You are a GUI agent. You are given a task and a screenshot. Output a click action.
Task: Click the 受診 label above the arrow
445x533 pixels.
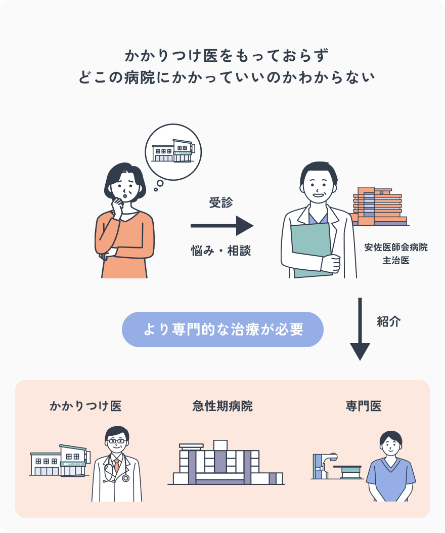[x=221, y=203]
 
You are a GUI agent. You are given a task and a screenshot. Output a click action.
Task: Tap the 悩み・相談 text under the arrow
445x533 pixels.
[x=221, y=250]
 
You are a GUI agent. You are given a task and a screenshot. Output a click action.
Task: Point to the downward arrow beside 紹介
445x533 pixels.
[x=360, y=329]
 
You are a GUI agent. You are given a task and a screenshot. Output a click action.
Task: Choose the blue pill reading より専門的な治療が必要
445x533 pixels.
[x=223, y=330]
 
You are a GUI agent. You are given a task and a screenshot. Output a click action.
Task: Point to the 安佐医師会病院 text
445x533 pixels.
[x=396, y=248]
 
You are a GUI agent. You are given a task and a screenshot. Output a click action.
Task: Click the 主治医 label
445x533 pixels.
[x=396, y=261]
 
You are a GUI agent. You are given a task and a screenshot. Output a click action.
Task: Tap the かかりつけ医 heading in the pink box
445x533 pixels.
[x=85, y=406]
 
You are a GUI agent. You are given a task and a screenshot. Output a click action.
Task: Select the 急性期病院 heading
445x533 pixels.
[x=223, y=406]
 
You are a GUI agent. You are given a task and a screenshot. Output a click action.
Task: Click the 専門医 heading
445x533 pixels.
[x=363, y=406]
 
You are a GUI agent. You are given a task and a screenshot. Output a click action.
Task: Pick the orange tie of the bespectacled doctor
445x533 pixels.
[x=117, y=465]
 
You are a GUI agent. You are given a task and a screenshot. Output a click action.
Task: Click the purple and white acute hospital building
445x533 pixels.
[x=223, y=463]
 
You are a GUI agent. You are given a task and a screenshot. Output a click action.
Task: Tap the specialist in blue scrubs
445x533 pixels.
[x=390, y=468]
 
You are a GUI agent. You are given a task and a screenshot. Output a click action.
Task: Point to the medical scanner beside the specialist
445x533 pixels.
[x=336, y=467]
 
